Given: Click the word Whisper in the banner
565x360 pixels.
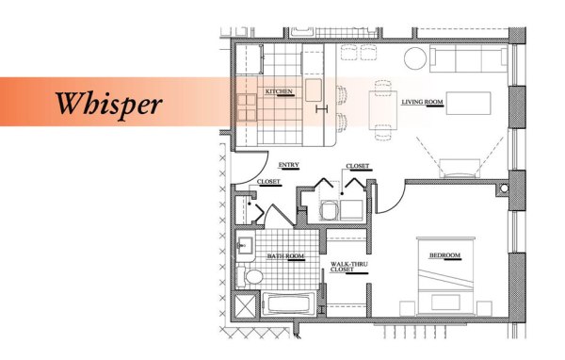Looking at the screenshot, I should pyautogui.click(x=107, y=102).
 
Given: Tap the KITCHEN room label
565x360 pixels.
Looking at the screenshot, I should pyautogui.click(x=279, y=91).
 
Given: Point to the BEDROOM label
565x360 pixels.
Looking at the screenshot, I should pyautogui.click(x=445, y=256).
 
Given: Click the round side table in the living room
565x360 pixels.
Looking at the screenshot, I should pyautogui.click(x=415, y=57).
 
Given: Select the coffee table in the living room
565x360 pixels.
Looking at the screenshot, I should pyautogui.click(x=469, y=102).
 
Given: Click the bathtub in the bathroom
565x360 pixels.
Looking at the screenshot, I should pyautogui.click(x=288, y=303).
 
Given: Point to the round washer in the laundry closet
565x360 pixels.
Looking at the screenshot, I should pyautogui.click(x=331, y=209).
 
